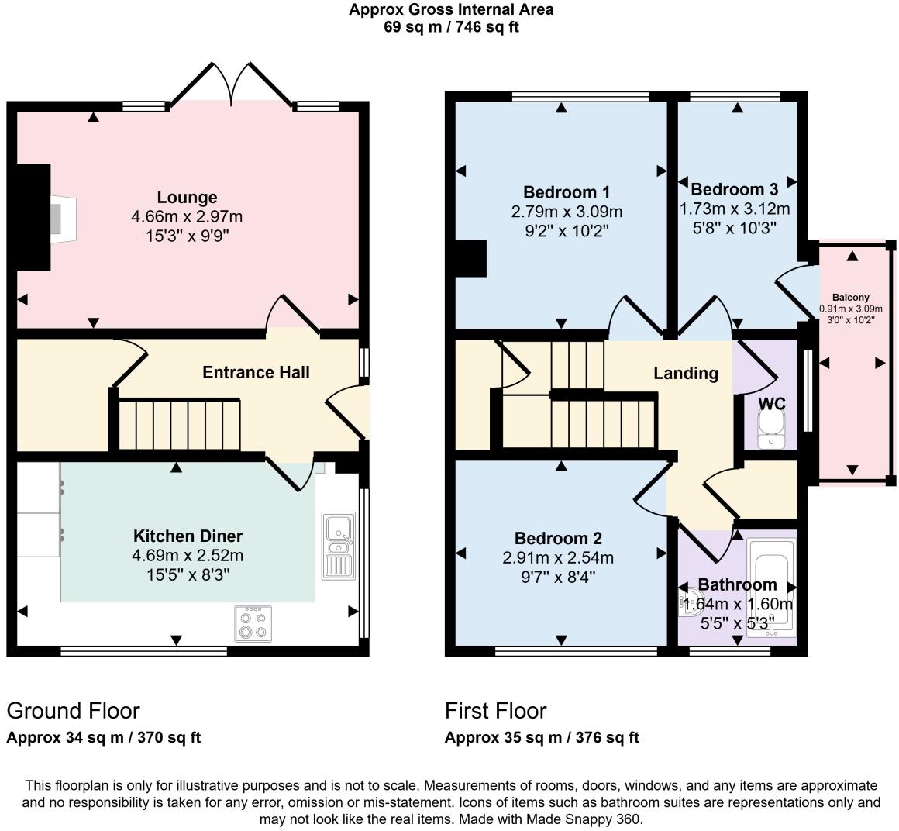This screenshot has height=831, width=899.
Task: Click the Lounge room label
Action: point(187,197)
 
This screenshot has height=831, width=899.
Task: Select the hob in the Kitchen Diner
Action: point(253,623)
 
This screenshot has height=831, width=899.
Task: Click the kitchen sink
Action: point(338,546)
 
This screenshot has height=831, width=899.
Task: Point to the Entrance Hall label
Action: point(256,372)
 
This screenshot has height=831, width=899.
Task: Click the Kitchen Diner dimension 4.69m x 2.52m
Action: point(188,555)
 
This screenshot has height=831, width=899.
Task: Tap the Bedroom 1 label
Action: point(567,191)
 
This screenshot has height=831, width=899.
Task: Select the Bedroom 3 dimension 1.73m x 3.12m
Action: point(735,209)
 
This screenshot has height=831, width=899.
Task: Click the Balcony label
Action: point(851,297)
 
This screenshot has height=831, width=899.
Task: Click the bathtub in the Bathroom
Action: point(773,588)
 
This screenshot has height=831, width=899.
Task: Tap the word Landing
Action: point(686,374)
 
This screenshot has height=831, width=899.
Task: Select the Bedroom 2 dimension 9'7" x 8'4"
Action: point(558,577)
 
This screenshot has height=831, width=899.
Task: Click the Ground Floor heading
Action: point(74,711)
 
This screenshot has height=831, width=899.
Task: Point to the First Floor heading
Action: point(496,711)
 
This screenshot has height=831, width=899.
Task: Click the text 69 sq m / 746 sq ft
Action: point(451,27)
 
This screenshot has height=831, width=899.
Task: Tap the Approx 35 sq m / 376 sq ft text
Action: point(542,737)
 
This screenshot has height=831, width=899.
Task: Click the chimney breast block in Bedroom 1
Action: point(470,258)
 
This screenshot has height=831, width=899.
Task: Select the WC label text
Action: point(772,404)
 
